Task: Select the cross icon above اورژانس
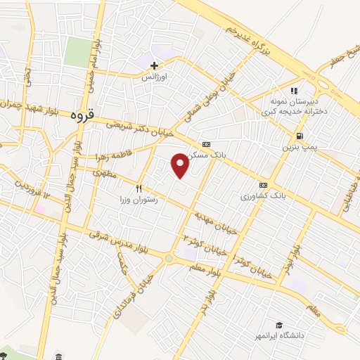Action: click(154, 65)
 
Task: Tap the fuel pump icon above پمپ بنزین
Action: click(300, 136)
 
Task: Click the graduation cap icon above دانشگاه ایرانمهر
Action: click(279, 325)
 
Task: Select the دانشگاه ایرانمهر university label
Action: click(279, 336)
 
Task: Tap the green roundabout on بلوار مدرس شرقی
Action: click(168, 259)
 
